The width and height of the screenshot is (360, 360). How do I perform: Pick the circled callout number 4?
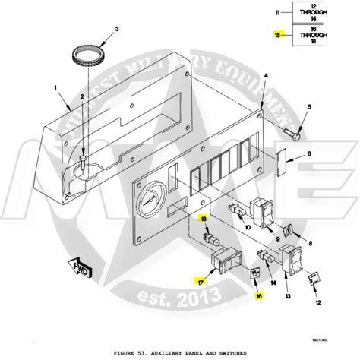(x=266, y=77)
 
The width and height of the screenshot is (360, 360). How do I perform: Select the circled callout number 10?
(x=248, y=227)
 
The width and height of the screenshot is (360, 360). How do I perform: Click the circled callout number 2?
(x=81, y=97)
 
